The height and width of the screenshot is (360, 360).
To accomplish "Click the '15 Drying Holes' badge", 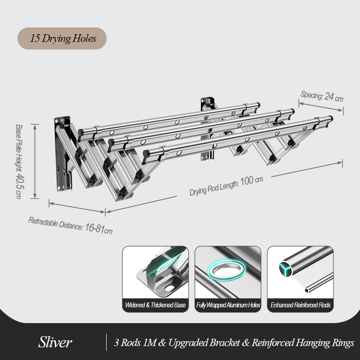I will [x=62, y=38].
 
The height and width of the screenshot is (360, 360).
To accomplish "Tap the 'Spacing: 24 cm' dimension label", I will [x=322, y=96].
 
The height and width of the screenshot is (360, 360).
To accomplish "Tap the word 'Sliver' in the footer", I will [x=54, y=343].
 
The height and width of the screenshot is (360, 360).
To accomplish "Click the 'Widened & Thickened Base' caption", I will [x=156, y=305].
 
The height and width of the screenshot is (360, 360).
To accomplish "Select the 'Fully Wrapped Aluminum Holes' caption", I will [x=228, y=305].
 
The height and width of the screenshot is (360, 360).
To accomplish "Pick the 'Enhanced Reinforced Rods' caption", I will [x=301, y=305].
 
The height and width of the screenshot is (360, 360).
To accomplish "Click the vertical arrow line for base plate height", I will [x=35, y=161].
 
